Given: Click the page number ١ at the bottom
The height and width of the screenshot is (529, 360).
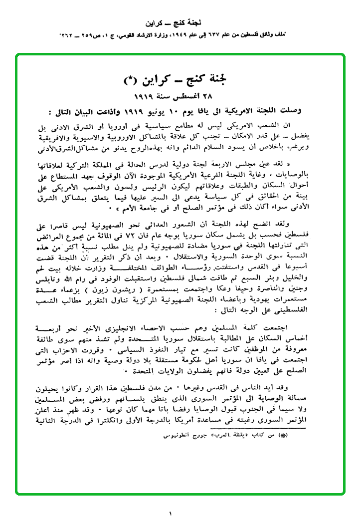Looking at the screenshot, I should [x=170, y=513].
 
